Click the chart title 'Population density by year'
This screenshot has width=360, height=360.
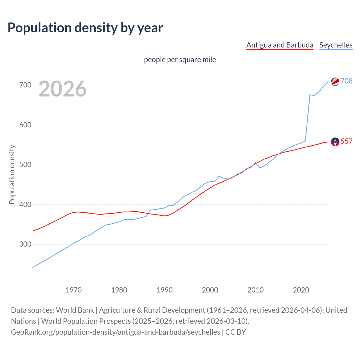(x=85, y=28)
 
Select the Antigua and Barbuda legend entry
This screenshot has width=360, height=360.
(x=280, y=45)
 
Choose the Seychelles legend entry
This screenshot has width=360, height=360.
(x=336, y=45)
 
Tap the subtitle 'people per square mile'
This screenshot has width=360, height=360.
(x=180, y=60)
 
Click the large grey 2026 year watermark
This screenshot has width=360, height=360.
(x=62, y=89)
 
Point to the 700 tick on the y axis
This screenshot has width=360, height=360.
(x=25, y=85)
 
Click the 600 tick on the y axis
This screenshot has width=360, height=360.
(x=25, y=125)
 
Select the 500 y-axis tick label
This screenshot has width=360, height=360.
(x=25, y=165)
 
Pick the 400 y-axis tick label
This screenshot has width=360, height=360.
(x=25, y=204)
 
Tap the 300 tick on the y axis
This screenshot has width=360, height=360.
(x=25, y=244)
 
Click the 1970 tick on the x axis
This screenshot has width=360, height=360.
(x=74, y=290)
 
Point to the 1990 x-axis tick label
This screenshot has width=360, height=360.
(x=165, y=290)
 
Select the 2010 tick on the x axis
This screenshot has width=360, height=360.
(x=255, y=290)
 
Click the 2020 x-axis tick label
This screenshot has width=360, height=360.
(x=301, y=290)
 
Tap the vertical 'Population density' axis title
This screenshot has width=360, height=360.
(x=12, y=174)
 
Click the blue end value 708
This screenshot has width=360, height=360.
(x=346, y=81)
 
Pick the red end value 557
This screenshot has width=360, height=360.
(x=346, y=141)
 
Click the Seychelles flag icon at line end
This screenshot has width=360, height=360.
(x=335, y=81)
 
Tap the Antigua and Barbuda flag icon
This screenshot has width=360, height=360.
(x=335, y=142)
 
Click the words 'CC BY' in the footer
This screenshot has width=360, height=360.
(x=236, y=332)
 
